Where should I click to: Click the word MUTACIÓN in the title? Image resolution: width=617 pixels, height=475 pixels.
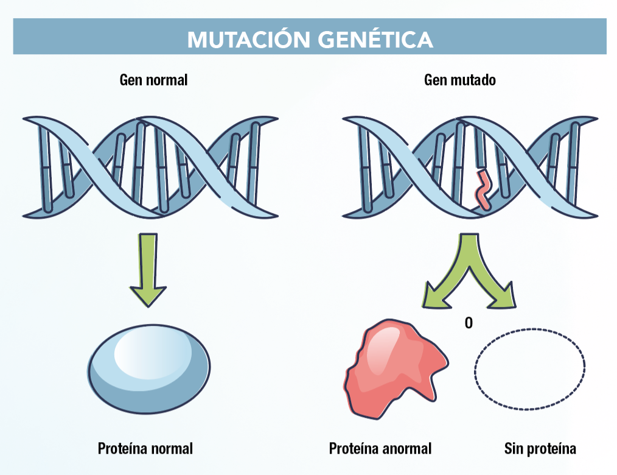tap(249, 39)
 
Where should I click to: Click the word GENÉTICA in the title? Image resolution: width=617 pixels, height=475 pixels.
tap(376, 40)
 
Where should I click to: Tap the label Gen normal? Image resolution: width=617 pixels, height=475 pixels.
tap(153, 80)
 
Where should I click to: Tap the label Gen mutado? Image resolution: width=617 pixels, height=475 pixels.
tap(460, 80)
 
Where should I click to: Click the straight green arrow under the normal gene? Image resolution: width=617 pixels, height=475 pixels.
tap(148, 270)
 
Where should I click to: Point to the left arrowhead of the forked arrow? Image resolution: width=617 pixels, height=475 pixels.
tap(437, 295)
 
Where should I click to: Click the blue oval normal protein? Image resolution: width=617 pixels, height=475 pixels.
tap(148, 369)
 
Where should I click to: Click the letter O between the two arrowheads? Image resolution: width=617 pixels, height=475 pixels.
tap(469, 323)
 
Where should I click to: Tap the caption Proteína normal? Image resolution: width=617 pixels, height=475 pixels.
tap(145, 449)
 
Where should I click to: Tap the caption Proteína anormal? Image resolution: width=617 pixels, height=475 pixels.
tap(380, 449)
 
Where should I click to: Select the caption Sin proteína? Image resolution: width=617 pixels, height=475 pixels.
tap(540, 449)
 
